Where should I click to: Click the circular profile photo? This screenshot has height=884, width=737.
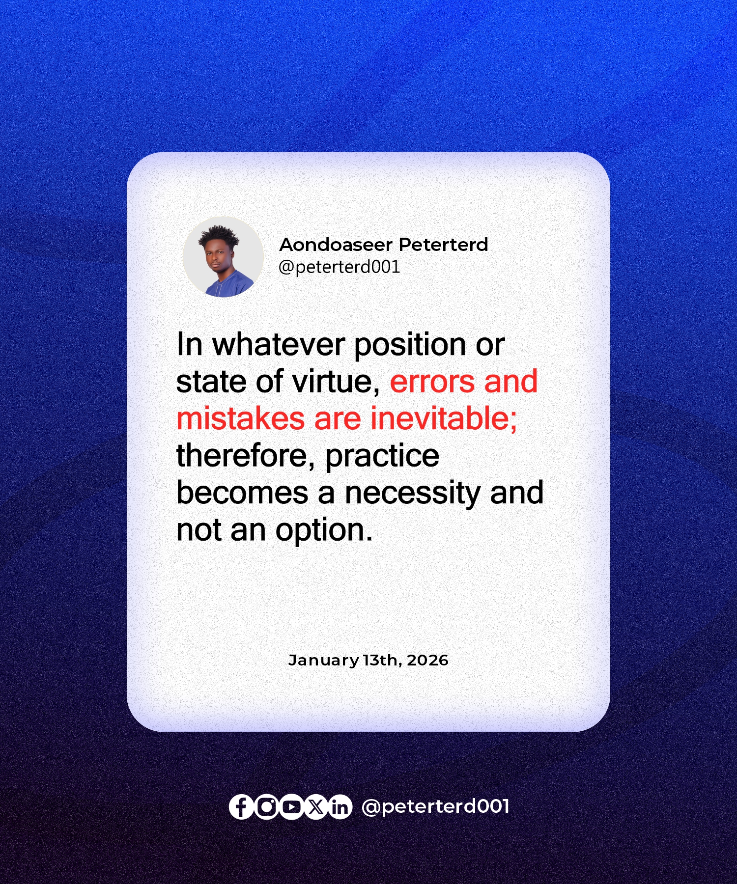223,257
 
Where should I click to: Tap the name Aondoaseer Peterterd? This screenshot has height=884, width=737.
384,245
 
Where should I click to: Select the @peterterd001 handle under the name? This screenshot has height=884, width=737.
340,267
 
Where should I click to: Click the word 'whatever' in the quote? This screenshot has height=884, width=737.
278,344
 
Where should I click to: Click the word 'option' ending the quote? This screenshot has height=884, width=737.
324,531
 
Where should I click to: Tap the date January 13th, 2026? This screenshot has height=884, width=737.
368,661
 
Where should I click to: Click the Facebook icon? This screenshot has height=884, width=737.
241,806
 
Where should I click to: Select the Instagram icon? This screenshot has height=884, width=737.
266,806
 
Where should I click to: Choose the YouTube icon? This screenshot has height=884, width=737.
291,806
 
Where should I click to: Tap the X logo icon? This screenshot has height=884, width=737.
315,806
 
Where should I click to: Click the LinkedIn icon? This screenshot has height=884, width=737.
340,806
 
